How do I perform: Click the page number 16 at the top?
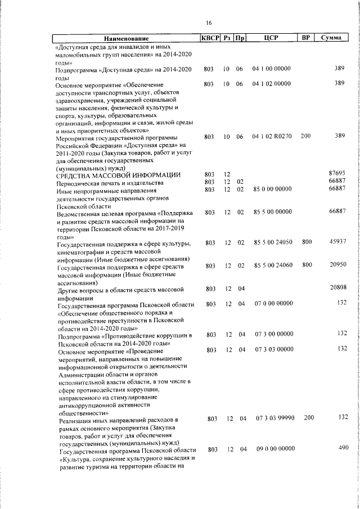click(209, 22)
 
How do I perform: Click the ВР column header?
click(305, 39)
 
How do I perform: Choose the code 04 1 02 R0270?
click(272, 137)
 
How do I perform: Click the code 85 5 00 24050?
click(272, 242)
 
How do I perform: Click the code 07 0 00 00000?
click(272, 304)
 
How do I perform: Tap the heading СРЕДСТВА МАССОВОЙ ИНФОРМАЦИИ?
click(118, 174)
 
